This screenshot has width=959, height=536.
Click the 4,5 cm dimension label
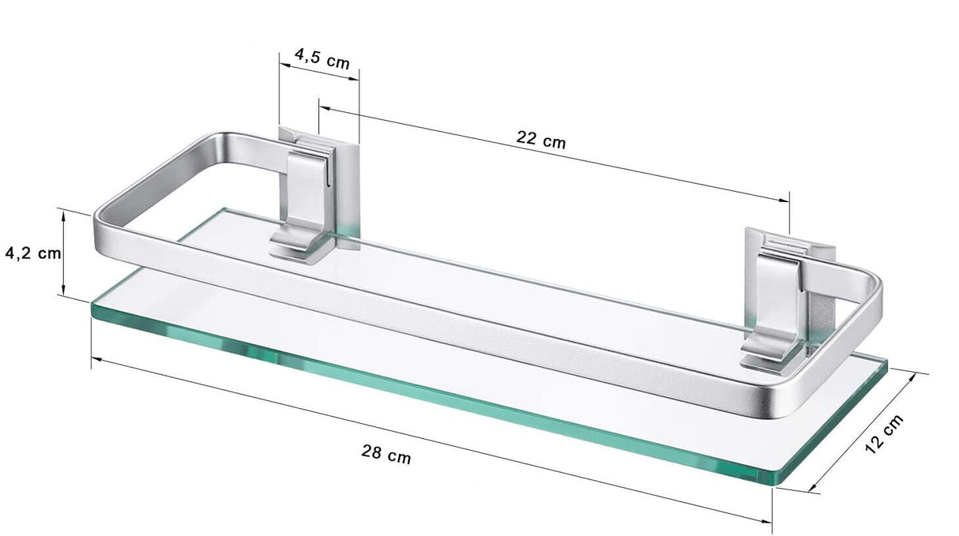click(x=322, y=58)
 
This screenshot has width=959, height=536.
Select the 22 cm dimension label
click(x=541, y=140)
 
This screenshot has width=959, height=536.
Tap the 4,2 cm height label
click(x=32, y=253)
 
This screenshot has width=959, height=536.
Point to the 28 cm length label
click(x=386, y=454)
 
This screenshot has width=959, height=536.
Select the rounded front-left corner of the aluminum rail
click(x=103, y=222)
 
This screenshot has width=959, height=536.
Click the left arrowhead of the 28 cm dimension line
click(x=96, y=359)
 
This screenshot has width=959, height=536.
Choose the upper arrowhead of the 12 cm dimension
click(x=923, y=376)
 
